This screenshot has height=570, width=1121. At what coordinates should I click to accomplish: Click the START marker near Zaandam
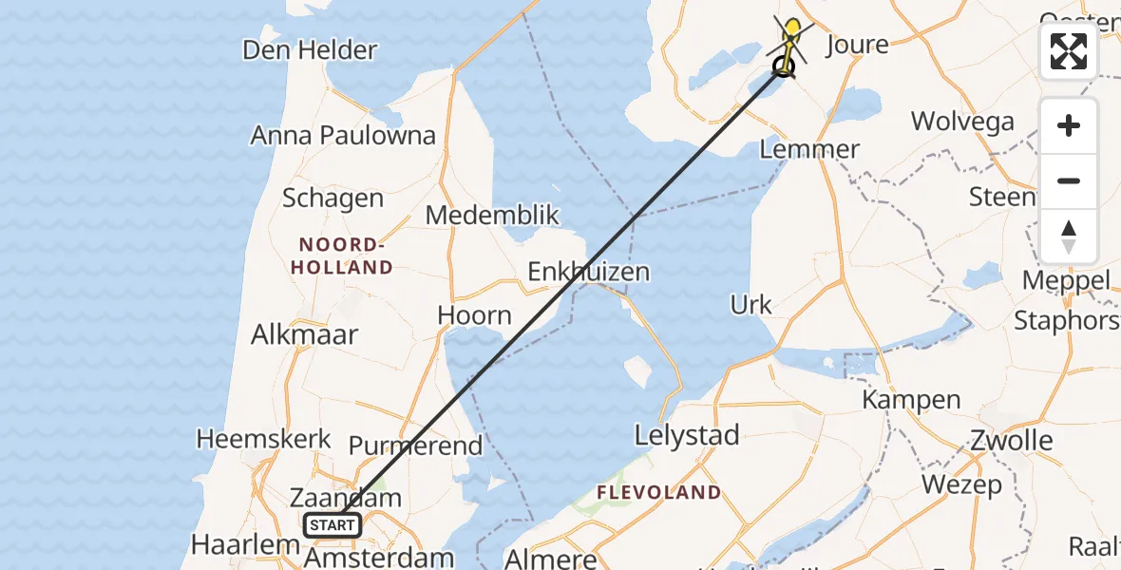332,524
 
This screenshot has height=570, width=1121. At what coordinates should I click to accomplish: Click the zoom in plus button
1069,126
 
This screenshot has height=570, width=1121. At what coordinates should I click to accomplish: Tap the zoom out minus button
1069,181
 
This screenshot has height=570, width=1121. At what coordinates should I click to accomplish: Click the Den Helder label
310,49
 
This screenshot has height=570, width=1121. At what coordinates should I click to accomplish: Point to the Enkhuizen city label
589,272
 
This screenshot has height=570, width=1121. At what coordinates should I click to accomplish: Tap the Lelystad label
688,436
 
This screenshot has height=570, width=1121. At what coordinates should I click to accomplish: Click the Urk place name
750,305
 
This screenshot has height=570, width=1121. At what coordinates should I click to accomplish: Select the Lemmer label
809,149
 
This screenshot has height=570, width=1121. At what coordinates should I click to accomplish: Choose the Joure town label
857,45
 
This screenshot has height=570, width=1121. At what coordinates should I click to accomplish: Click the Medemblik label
492,215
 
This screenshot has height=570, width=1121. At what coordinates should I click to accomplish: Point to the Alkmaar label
304,334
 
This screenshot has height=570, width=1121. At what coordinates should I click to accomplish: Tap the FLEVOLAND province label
658,492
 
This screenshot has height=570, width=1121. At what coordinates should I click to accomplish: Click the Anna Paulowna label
342,135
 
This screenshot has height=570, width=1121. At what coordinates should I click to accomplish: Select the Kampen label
910,399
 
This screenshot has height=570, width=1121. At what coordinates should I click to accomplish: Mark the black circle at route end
784,66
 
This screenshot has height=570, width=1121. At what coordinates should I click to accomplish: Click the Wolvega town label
962,121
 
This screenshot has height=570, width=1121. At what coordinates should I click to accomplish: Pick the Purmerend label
415,445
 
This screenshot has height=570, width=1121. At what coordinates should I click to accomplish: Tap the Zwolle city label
1012,440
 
